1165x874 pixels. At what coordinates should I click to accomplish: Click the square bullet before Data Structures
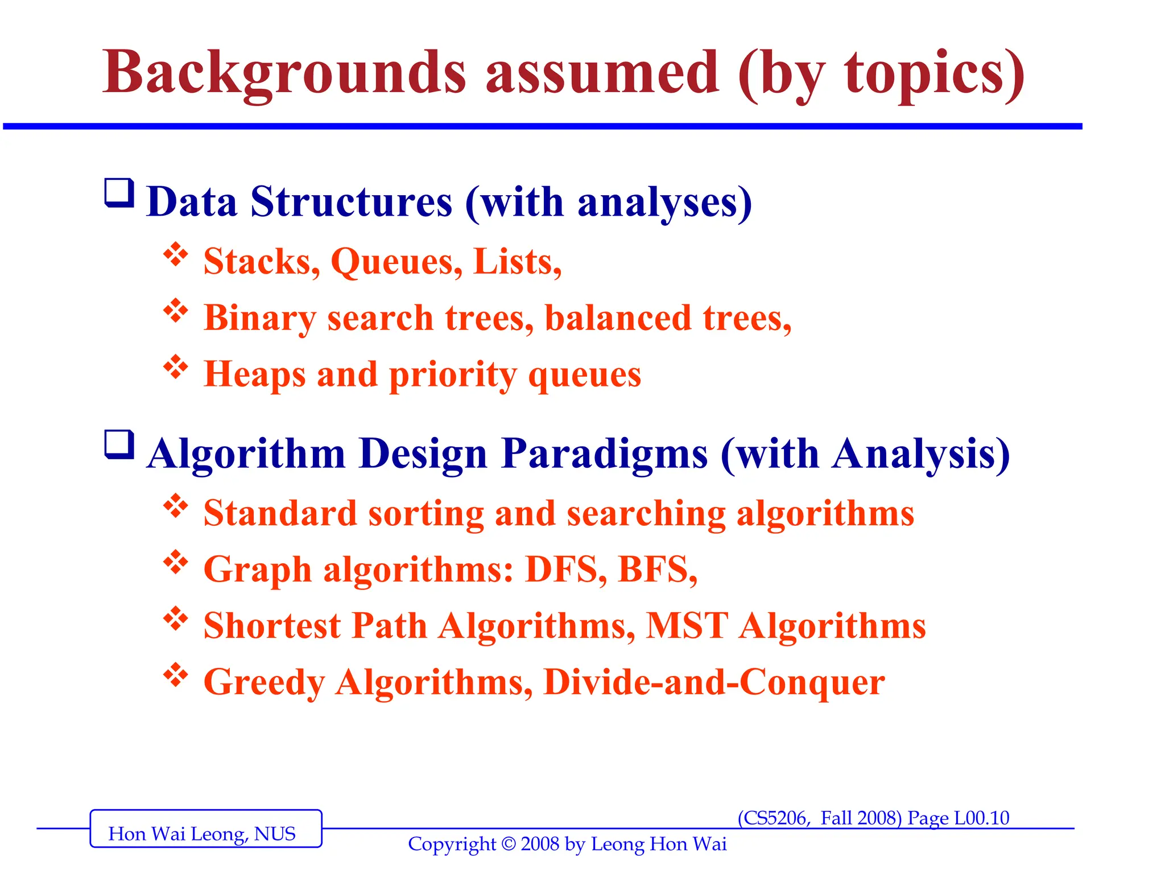pyautogui.click(x=119, y=193)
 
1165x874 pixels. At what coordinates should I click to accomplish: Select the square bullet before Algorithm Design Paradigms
pyautogui.click(x=119, y=444)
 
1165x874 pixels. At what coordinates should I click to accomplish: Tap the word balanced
pyautogui.click(x=618, y=318)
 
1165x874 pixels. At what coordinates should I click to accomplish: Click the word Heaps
pyautogui.click(x=255, y=374)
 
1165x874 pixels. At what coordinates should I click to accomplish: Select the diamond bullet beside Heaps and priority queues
pyautogui.click(x=176, y=367)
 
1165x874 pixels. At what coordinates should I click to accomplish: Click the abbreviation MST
pyautogui.click(x=687, y=625)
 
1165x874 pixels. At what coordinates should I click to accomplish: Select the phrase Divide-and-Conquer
pyautogui.click(x=714, y=682)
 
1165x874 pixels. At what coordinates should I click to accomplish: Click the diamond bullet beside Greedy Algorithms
pyautogui.click(x=176, y=675)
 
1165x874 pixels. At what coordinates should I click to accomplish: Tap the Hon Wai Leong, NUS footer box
pyautogui.click(x=205, y=828)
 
